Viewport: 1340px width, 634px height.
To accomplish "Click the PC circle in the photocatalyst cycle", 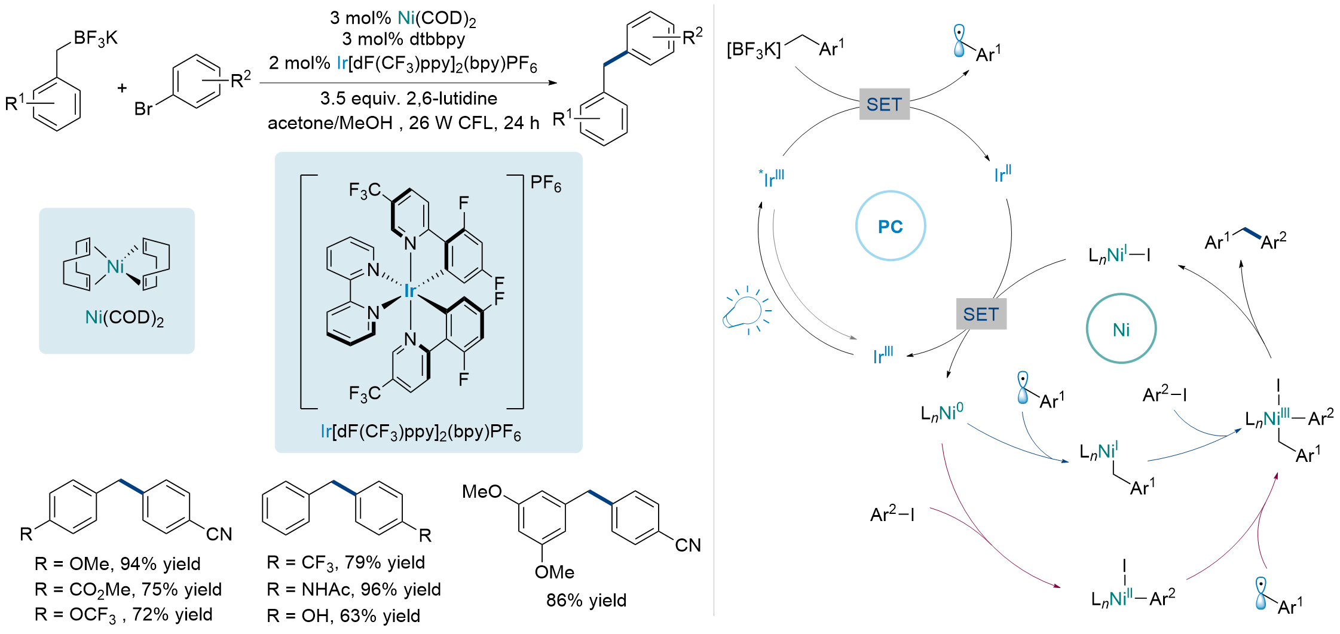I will pos(890,226).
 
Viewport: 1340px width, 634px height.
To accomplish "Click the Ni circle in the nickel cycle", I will pos(1121,329).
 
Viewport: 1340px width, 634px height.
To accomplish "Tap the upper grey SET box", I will pos(884,105).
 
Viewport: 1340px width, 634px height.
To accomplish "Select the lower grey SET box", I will pos(981,314).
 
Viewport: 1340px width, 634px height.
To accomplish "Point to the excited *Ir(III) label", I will pos(772,178).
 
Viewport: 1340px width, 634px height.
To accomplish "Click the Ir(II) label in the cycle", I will pos(1002,174).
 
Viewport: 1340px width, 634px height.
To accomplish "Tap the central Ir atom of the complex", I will pos(409,291).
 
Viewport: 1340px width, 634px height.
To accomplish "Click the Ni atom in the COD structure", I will pos(115,267).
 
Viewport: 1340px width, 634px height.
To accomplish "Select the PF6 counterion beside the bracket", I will pos(545,183).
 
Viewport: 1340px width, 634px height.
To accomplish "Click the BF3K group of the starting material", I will pos(95,39).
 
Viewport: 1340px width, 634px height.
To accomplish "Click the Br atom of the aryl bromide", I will pos(143,109).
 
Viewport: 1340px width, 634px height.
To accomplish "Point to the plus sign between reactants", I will pos(122,88).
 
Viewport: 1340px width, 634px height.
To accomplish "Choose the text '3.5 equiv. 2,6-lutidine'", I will pos(408,99).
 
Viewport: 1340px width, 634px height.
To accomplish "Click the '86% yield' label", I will pos(586,600).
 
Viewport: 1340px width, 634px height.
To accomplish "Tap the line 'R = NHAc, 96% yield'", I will pos(353,589).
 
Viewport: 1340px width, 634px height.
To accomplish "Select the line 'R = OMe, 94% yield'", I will pos(117,563).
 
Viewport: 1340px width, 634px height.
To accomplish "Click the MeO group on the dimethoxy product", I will pos(482,492).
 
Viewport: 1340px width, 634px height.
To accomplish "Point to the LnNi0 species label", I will pos(941,412).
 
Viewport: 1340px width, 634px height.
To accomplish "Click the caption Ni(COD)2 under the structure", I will pos(124,318).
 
